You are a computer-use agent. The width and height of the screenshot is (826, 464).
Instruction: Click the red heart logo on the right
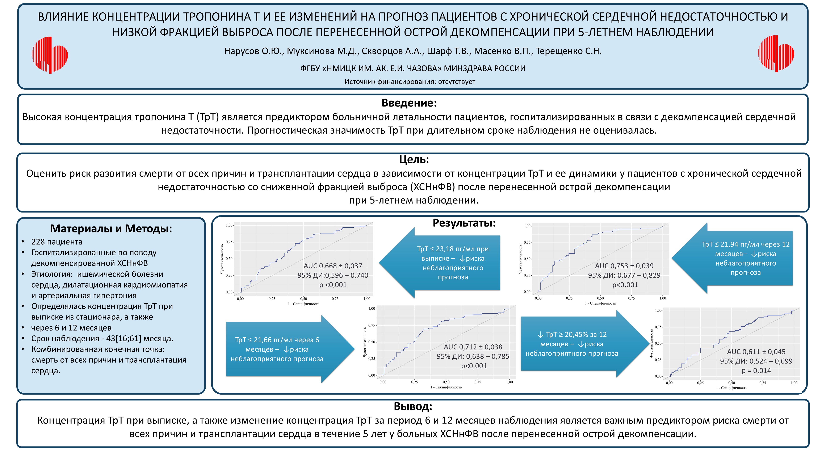(776, 54)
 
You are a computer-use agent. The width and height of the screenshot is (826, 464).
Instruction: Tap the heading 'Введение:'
(409, 103)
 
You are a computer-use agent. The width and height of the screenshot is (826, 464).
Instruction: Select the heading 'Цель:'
(414, 159)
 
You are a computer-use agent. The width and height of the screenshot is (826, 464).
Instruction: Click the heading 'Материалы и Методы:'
(111, 229)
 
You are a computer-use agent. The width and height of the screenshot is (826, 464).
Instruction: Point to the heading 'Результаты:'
(464, 223)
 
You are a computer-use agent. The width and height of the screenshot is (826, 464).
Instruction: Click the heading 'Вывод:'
(413, 406)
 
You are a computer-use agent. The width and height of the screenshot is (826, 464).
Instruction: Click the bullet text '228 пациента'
(57, 242)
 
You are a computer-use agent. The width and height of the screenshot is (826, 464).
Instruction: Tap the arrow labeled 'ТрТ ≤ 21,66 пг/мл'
(282, 349)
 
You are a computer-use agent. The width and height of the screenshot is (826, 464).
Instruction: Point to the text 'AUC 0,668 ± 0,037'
(333, 266)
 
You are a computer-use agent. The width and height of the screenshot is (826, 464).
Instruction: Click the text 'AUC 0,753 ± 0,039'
(624, 266)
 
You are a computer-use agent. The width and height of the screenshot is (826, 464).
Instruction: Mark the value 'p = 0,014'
(756, 371)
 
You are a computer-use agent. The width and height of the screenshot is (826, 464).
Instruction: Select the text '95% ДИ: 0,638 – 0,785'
(473, 356)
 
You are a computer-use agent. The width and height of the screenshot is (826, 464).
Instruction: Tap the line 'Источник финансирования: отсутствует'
(410, 82)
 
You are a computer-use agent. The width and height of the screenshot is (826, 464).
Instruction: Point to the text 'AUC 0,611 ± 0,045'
(756, 352)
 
